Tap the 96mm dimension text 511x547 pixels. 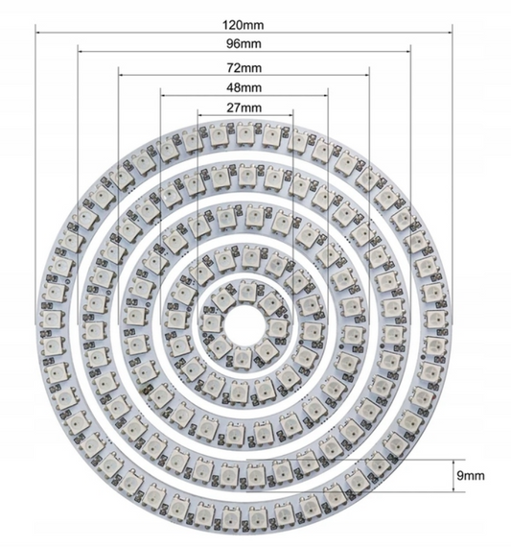245,44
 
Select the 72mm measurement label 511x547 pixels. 245,69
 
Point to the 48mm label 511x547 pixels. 245,87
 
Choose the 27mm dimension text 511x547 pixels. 245,108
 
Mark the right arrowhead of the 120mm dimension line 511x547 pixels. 450,29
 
